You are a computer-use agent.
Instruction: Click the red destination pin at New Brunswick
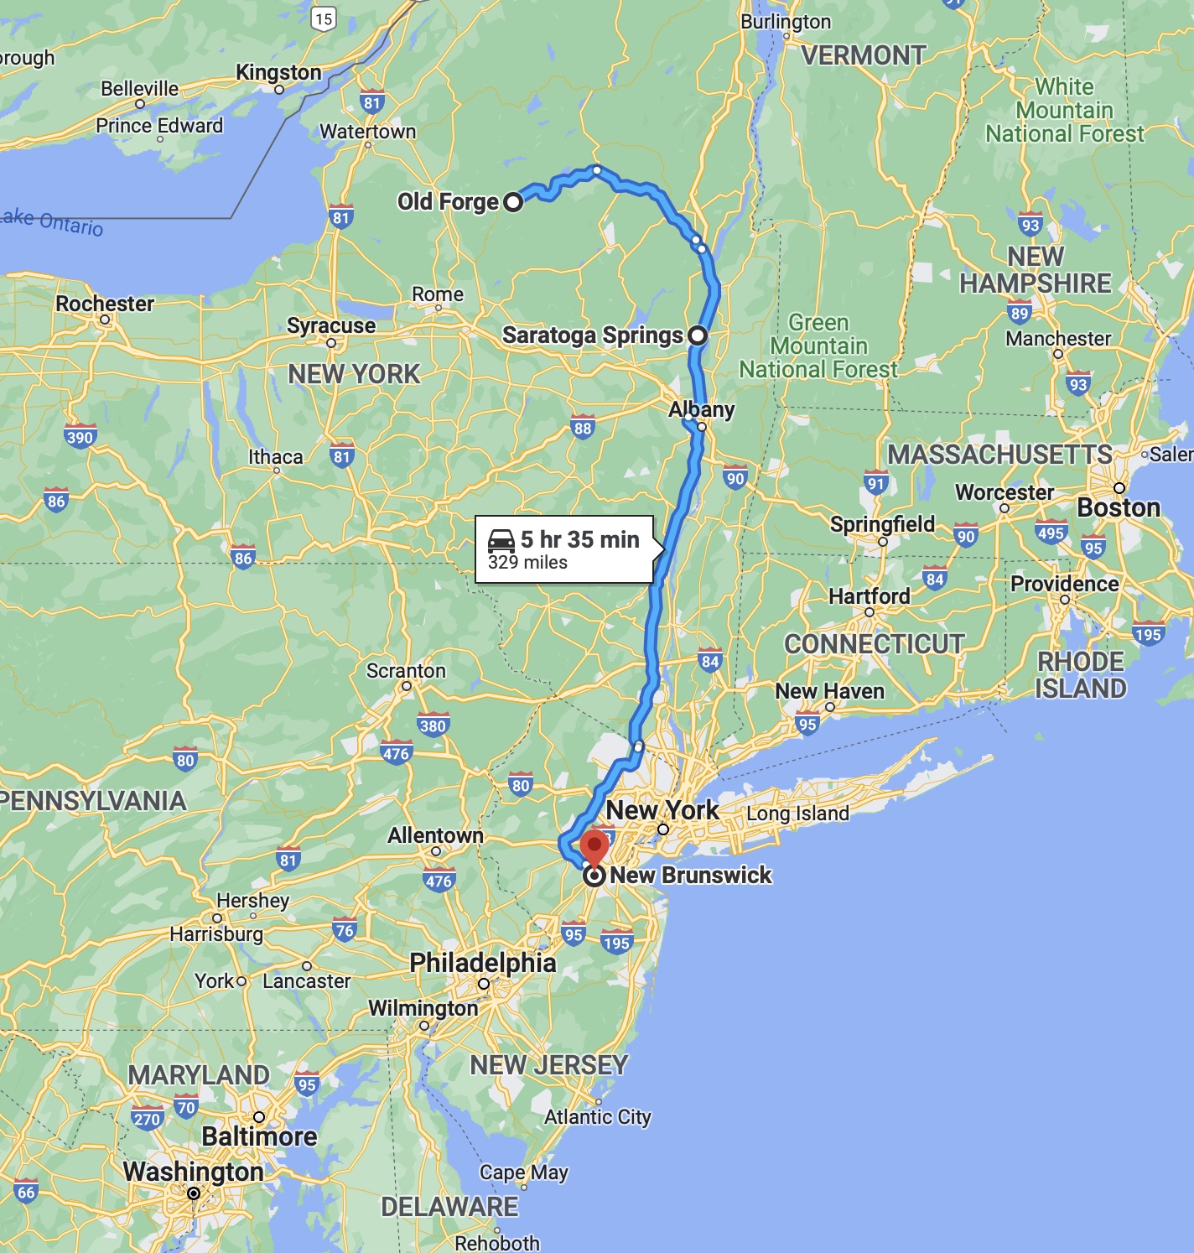594,846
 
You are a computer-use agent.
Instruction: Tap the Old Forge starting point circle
513,201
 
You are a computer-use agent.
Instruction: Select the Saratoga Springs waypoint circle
698,335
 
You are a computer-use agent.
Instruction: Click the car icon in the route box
501,540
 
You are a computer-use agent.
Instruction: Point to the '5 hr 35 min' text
579,539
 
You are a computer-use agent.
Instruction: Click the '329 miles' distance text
527,563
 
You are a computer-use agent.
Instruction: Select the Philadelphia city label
483,963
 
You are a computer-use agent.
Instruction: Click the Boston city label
1119,507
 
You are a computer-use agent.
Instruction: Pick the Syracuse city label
331,325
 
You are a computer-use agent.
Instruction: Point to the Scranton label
406,671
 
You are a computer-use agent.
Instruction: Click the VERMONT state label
864,55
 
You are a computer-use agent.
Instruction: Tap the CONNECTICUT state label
874,643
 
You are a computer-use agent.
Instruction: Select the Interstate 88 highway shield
583,428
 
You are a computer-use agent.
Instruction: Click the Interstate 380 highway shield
433,725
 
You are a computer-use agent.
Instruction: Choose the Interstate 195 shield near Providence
1148,634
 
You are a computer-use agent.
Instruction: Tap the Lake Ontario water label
52,222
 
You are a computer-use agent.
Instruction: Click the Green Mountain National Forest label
818,346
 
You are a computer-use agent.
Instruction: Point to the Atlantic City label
597,1116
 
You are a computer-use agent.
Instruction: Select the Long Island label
797,813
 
